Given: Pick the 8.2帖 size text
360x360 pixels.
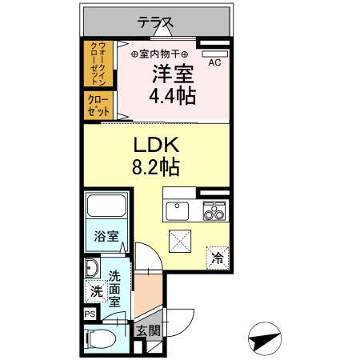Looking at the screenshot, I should click(154, 168).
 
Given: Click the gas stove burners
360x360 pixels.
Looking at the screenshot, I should click(213, 211).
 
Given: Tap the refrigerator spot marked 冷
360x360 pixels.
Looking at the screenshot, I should click(217, 258).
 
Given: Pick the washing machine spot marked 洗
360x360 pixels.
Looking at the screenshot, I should click(95, 292).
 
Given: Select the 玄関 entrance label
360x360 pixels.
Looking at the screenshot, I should click(143, 331).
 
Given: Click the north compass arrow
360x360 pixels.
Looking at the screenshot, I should click(266, 341).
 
